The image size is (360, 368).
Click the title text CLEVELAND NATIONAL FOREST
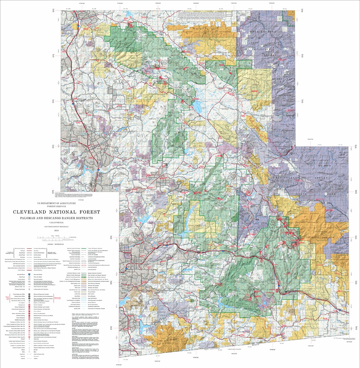pos(56,212)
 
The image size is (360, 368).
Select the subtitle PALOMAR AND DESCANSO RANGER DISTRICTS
pos(56,218)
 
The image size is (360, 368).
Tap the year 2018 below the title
pos(56,230)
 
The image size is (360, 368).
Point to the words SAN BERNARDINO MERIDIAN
pos(56,226)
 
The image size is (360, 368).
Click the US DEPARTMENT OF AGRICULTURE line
pos(56,203)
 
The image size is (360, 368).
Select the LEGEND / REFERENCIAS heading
pos(56,245)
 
